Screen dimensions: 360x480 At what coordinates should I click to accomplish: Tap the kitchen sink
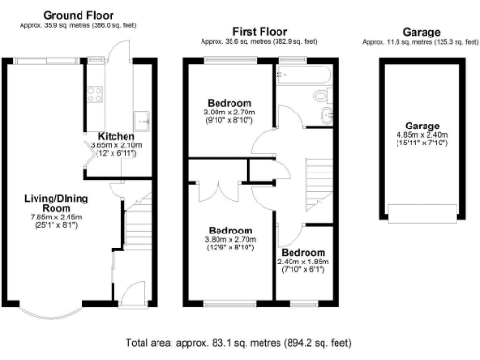(x=142, y=119)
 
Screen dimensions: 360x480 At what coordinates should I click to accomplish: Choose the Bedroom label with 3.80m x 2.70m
(x=230, y=231)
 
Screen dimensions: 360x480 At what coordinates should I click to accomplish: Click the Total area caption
(x=240, y=344)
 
